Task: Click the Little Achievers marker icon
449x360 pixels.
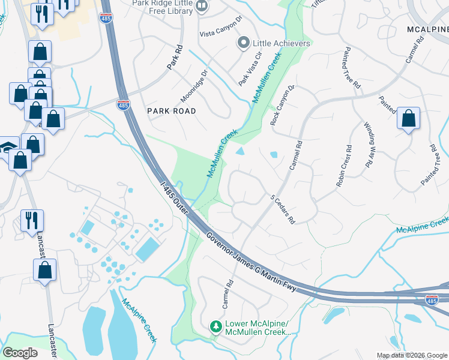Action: click(x=243, y=43)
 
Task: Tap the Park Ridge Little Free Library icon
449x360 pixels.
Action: click(x=202, y=7)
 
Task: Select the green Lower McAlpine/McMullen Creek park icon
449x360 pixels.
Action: click(x=216, y=327)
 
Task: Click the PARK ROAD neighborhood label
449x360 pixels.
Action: click(x=172, y=111)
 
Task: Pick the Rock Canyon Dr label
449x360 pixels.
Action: click(x=283, y=104)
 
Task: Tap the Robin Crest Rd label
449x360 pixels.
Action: click(x=344, y=166)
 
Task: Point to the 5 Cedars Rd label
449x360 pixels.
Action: click(x=283, y=209)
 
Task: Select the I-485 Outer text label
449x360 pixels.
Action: click(x=175, y=197)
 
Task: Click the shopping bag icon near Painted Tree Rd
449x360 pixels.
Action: click(x=408, y=119)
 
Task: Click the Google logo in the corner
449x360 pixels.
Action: click(x=20, y=352)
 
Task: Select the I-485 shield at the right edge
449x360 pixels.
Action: click(x=432, y=300)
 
